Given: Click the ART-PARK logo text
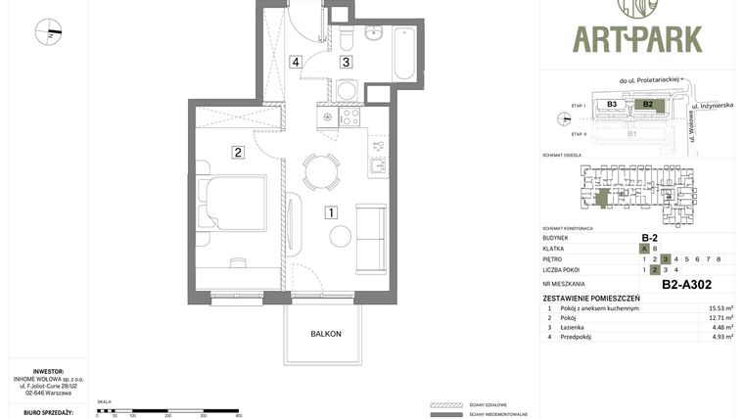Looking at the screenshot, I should coord(637,39).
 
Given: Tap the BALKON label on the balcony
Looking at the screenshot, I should coord(326,334).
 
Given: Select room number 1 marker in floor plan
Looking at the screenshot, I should coord(332,211).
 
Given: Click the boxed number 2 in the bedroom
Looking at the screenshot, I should coord(238,152).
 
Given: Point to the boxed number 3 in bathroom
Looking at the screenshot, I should coord(346,62).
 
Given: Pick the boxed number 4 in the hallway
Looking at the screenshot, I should coord(296,62).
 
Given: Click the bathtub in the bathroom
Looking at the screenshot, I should coord(404,53).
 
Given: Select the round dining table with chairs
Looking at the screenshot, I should coord(321,171).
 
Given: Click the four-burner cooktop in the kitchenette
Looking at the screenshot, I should coord(350,116).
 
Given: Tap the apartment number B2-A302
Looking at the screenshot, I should coord(686,285).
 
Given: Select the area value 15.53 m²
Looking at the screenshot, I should coord(721,308).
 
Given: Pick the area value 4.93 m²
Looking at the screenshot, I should coord(721,337).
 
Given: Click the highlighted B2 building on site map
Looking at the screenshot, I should coord(648,104).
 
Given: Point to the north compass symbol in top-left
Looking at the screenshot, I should coord(48,32).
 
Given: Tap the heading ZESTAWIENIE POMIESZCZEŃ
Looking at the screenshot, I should coord(591,298).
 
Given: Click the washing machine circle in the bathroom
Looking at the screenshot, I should coord(347,90).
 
